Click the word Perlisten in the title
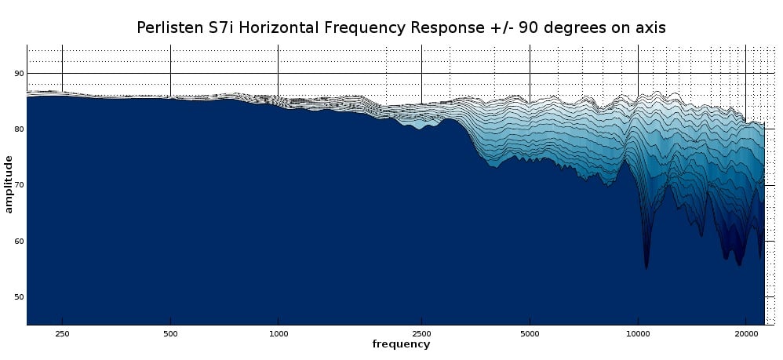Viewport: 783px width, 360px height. [x=169, y=28]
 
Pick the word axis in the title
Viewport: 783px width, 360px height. [x=650, y=28]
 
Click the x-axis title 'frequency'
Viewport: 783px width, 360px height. [x=401, y=344]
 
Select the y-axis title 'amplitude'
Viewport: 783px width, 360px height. [x=9, y=184]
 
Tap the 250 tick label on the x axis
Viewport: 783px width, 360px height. [x=62, y=333]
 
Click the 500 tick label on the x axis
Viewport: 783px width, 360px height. [x=170, y=333]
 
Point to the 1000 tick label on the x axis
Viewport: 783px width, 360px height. [x=278, y=333]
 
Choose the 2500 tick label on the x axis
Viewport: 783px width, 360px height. [x=421, y=333]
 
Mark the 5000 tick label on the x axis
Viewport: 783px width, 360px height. [x=530, y=333]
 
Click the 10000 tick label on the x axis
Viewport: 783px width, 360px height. [x=638, y=333]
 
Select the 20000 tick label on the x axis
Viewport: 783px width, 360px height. [x=745, y=333]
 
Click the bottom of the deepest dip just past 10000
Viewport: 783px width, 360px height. [x=646, y=268]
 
